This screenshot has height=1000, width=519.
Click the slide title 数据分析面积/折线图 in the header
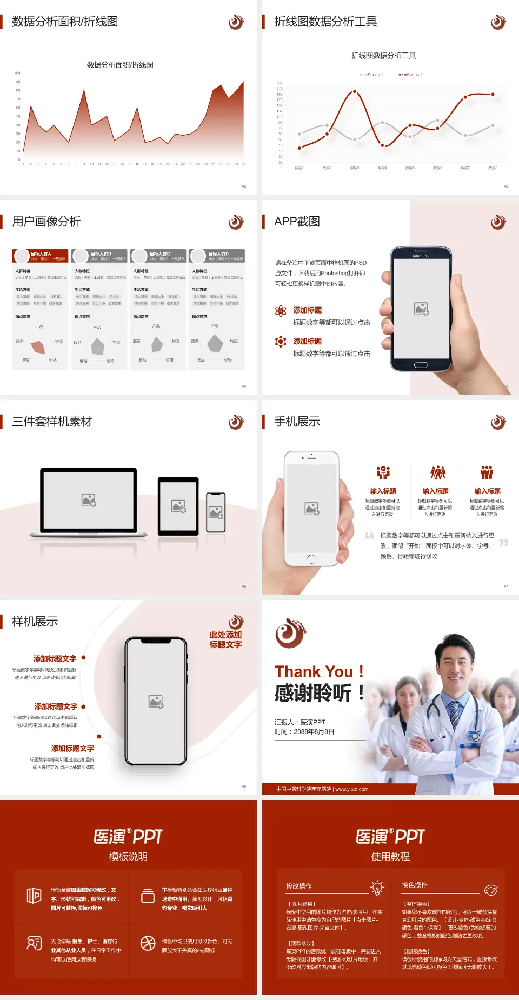click(x=65, y=22)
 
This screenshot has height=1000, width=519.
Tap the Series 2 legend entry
click(x=411, y=75)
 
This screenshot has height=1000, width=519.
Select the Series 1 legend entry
click(x=371, y=75)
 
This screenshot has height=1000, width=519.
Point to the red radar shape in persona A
click(x=38, y=346)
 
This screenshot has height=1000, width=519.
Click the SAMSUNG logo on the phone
click(x=421, y=256)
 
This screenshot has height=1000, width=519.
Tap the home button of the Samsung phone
click(x=421, y=365)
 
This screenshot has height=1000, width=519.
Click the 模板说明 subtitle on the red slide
click(x=128, y=857)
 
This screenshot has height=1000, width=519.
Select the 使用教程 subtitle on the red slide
click(x=390, y=857)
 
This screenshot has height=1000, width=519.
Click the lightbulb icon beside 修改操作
click(x=377, y=888)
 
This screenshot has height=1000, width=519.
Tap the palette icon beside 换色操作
click(x=491, y=890)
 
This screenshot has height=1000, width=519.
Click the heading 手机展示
click(x=297, y=422)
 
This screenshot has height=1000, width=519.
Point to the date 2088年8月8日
click(x=314, y=732)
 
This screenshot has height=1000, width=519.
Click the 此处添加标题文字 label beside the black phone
click(x=225, y=639)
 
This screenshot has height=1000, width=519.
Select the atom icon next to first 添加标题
click(x=281, y=310)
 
